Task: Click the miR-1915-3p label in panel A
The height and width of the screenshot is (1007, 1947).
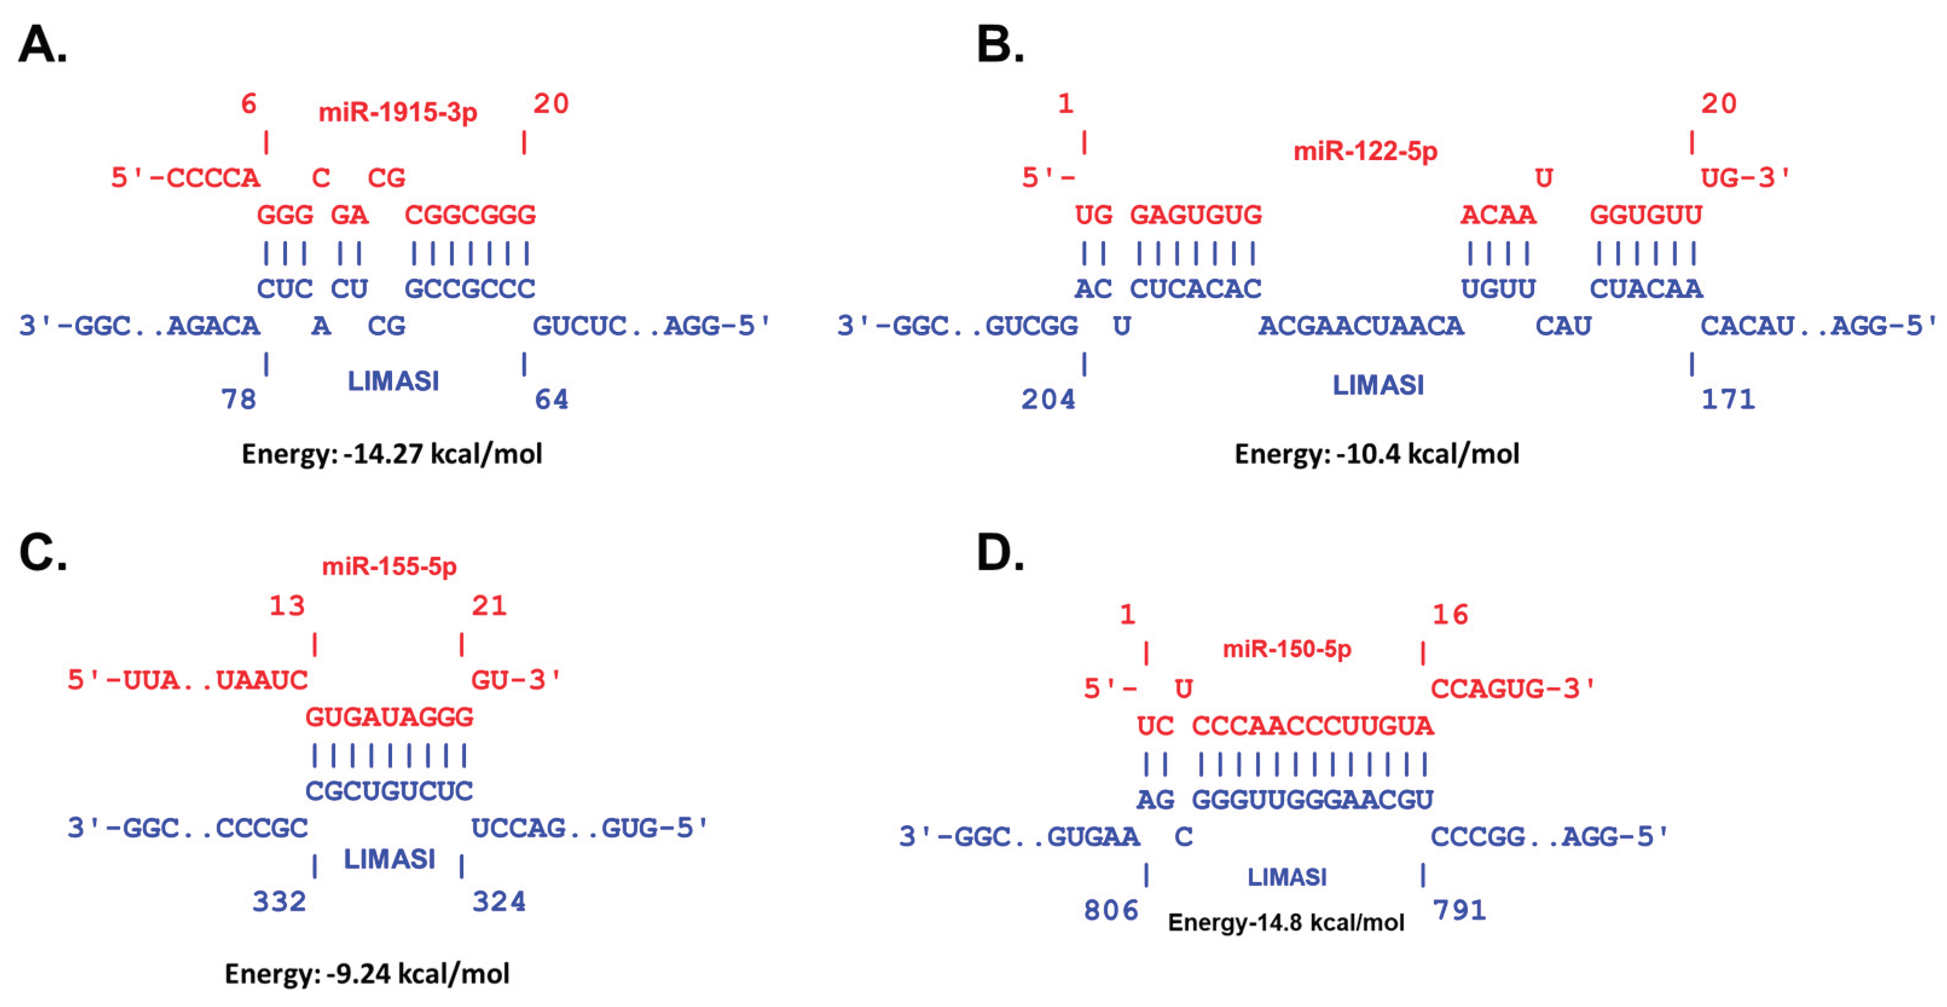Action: tap(398, 112)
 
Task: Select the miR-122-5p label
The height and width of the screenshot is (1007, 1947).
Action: tap(1365, 151)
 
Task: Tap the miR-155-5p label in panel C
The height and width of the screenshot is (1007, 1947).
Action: tap(389, 566)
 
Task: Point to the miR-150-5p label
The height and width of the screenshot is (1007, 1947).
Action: tap(1287, 649)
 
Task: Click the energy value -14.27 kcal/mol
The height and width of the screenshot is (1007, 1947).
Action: tap(392, 453)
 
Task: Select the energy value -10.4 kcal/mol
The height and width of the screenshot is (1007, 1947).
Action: tap(1377, 453)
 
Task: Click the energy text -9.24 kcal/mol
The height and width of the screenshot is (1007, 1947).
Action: tap(367, 973)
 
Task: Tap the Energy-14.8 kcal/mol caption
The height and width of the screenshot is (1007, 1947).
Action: tap(1286, 922)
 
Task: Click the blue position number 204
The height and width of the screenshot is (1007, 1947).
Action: tap(1048, 399)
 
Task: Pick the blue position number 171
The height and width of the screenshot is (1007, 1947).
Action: tap(1728, 399)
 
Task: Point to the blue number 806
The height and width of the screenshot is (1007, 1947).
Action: tap(1111, 910)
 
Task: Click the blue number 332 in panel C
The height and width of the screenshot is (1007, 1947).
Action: tap(279, 901)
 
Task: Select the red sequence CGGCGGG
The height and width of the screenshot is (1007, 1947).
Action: tap(470, 215)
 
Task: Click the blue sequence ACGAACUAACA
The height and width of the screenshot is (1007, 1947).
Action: tap(1360, 326)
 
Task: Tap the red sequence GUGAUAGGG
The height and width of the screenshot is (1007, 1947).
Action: tap(389, 717)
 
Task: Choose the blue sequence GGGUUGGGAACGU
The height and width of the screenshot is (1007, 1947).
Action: tap(1312, 799)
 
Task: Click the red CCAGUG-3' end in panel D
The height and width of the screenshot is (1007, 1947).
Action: tap(1513, 688)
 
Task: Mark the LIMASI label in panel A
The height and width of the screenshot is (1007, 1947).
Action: tap(393, 381)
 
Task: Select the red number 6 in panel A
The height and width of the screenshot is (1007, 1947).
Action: tap(249, 103)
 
